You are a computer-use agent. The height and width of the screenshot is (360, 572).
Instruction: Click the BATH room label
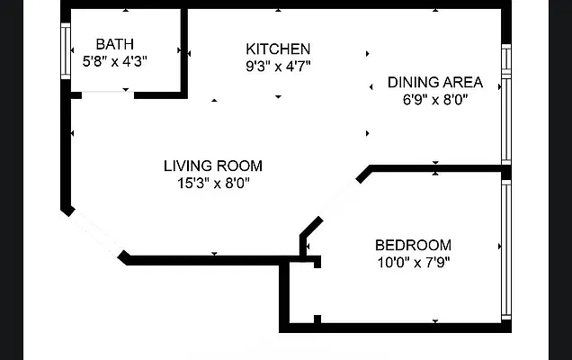[114, 43]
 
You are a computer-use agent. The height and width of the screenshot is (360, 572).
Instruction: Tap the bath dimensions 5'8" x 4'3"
[114, 61]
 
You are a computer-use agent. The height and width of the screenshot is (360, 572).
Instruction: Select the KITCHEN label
[279, 49]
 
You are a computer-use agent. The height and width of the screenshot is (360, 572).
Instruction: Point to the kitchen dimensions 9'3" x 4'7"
[279, 66]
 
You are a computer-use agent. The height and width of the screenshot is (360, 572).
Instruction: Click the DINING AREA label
[435, 82]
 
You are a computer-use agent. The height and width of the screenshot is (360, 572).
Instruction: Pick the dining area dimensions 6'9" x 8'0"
[435, 99]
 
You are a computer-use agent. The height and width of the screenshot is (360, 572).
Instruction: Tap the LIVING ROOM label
[213, 166]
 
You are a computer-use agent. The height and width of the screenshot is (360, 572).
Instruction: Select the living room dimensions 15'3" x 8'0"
[213, 183]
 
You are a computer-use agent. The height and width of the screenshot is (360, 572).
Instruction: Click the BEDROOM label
[413, 245]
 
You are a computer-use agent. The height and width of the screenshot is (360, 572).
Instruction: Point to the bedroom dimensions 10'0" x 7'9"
[413, 263]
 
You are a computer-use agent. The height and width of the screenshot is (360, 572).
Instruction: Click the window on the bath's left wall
[65, 53]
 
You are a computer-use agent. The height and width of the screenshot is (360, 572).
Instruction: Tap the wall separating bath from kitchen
[185, 49]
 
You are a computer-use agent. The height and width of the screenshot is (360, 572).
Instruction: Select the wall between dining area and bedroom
[436, 168]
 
